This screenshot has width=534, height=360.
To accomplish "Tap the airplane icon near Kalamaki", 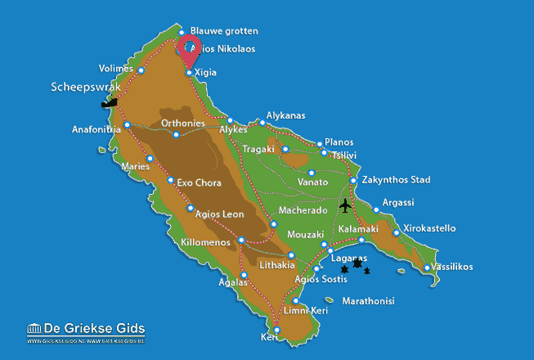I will [346, 205].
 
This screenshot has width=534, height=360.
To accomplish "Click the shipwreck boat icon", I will [109, 103].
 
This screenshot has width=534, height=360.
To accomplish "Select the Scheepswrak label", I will [86, 86].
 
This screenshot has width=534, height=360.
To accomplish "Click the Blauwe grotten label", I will [223, 31].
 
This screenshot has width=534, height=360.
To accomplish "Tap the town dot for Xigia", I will [190, 73].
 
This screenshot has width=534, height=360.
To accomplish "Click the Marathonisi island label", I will [368, 301].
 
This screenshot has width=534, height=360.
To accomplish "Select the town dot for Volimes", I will [141, 70].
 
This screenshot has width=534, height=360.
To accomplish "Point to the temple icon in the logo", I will [35, 329].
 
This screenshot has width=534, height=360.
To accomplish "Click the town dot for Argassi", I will [376, 210].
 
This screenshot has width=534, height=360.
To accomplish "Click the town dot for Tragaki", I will [285, 149].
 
